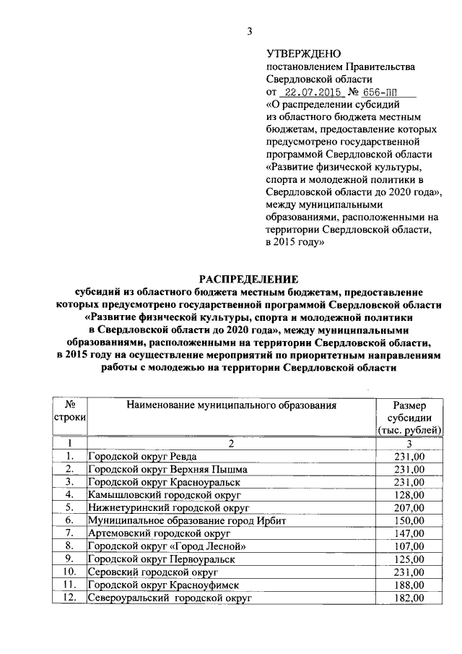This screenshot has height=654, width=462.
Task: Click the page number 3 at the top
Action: point(250,30)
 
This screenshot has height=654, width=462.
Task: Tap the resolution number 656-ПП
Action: point(380,92)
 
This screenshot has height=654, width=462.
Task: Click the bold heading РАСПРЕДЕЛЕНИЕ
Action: point(248,280)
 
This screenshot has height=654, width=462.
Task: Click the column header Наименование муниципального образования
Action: point(232,405)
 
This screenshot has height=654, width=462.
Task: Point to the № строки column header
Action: point(70,412)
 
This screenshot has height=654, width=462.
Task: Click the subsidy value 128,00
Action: point(409,495)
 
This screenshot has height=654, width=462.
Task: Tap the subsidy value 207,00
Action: point(409,508)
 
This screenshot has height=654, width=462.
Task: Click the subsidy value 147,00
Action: point(409,533)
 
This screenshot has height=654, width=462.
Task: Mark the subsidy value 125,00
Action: point(409,559)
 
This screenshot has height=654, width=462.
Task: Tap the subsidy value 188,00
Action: point(409,585)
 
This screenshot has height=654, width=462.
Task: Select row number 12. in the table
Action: point(70,598)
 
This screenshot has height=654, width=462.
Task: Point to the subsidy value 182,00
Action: point(409,598)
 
